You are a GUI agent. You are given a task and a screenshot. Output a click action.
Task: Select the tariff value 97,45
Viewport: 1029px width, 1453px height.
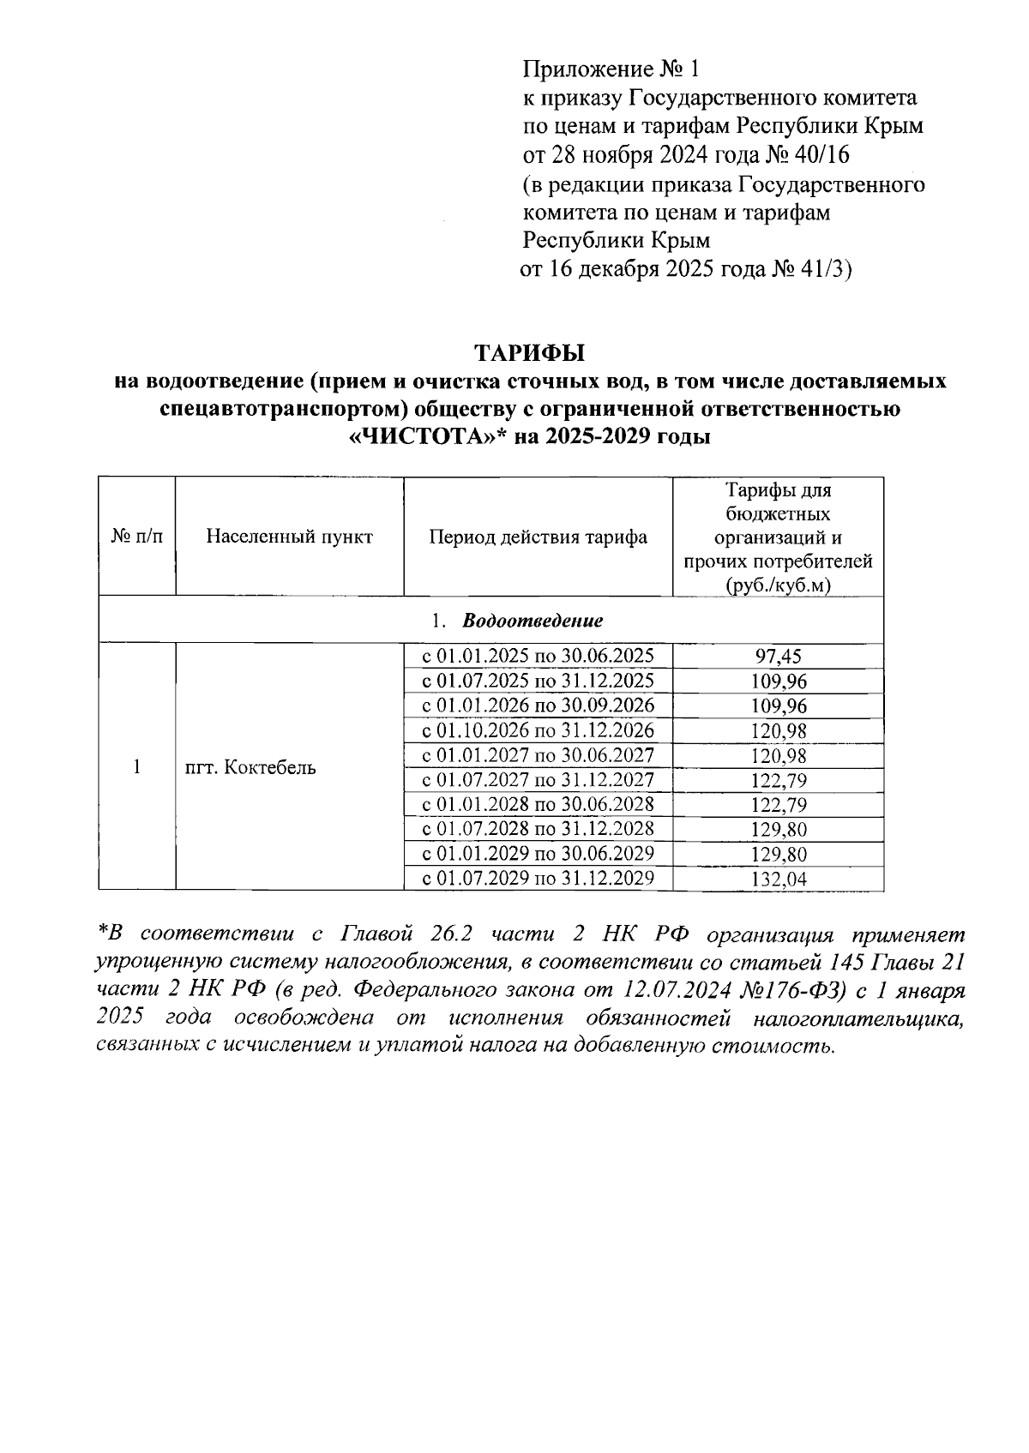[x=778, y=657]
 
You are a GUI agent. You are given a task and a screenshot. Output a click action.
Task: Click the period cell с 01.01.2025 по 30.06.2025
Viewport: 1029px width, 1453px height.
[x=538, y=657]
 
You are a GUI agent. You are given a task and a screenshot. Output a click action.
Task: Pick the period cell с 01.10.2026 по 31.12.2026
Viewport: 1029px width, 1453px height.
[x=538, y=730]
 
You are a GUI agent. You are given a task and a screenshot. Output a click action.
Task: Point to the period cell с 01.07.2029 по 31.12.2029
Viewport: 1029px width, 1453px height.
[x=538, y=879]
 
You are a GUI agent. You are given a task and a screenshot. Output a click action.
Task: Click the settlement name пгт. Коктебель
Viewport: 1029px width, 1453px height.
[x=250, y=767]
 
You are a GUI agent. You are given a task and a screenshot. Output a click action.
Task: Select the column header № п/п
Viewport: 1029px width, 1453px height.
[x=137, y=537]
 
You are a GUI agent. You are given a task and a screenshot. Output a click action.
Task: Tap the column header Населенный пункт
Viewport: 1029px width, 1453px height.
[x=289, y=537]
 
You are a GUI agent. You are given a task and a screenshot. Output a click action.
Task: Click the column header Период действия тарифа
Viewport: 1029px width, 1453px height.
[x=538, y=537]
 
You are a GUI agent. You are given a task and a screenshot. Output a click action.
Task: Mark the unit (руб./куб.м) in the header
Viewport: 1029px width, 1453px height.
[x=778, y=585]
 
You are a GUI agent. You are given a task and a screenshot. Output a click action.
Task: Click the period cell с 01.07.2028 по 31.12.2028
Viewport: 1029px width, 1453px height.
[x=538, y=829]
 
